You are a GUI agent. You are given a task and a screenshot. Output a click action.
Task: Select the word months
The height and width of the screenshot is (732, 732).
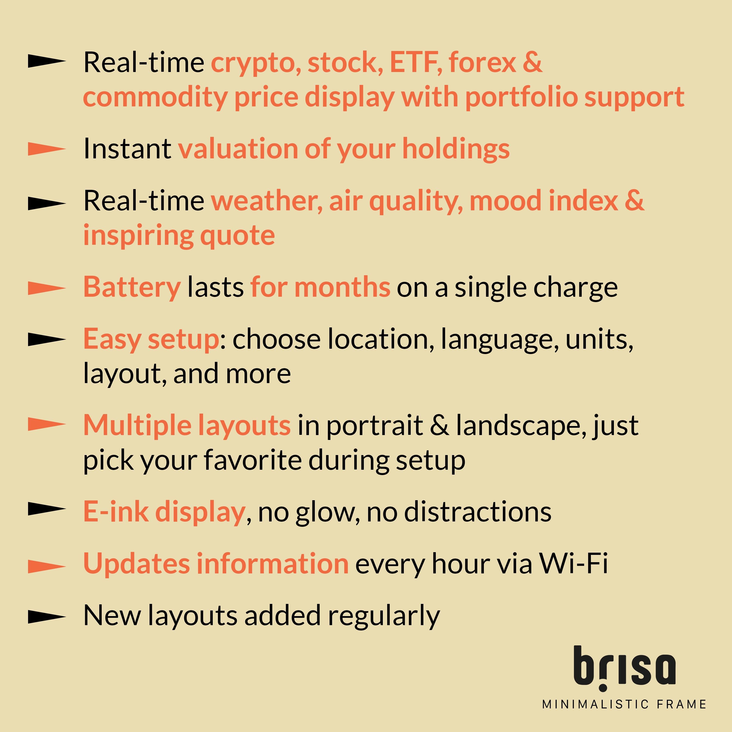(x=342, y=287)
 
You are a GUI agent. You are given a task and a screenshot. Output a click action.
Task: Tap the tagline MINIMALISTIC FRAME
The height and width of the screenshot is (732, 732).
(x=624, y=704)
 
